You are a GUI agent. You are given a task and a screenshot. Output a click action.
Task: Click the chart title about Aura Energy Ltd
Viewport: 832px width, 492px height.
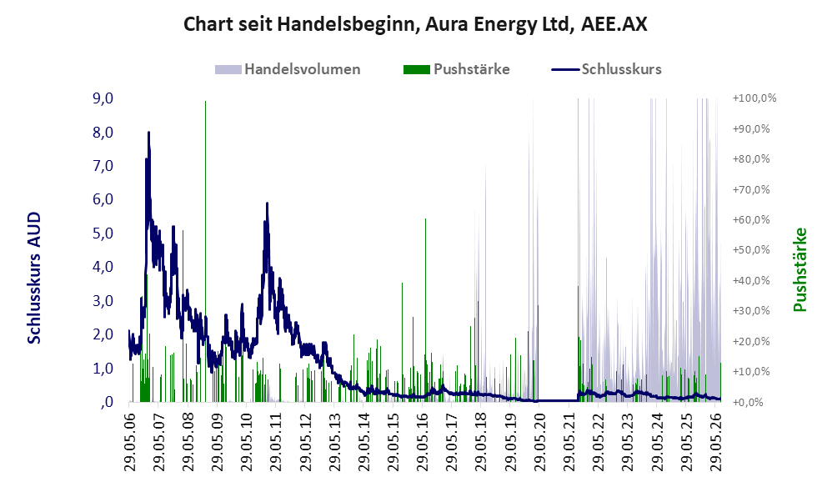tap(415, 24)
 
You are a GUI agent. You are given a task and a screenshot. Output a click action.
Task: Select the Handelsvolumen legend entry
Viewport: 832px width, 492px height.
tap(288, 69)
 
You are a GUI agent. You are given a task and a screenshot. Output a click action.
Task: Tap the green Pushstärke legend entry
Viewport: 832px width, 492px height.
tap(456, 69)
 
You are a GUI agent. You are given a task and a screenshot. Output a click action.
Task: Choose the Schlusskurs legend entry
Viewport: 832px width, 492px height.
tap(606, 69)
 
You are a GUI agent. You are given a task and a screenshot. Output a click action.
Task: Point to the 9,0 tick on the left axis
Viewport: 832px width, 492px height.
tap(103, 98)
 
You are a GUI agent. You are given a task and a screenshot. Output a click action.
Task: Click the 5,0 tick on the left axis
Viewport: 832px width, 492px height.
tap(103, 233)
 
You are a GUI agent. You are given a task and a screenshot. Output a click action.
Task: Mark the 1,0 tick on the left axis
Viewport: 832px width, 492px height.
tap(103, 368)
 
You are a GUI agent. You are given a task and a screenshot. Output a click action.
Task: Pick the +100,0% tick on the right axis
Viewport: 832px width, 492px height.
tap(754, 98)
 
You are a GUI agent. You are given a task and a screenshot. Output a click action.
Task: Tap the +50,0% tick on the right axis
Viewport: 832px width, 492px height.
tap(751, 250)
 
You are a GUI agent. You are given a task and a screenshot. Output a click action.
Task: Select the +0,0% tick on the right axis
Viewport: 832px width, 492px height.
tap(748, 402)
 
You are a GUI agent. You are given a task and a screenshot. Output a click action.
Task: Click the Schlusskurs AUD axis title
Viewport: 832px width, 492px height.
tap(34, 278)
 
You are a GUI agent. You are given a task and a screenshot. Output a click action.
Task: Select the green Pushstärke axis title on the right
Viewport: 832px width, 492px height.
tap(799, 269)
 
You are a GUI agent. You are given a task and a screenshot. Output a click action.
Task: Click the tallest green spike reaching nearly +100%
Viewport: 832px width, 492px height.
tap(205, 251)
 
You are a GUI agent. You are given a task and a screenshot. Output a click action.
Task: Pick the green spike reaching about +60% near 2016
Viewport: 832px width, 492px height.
tap(425, 310)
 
